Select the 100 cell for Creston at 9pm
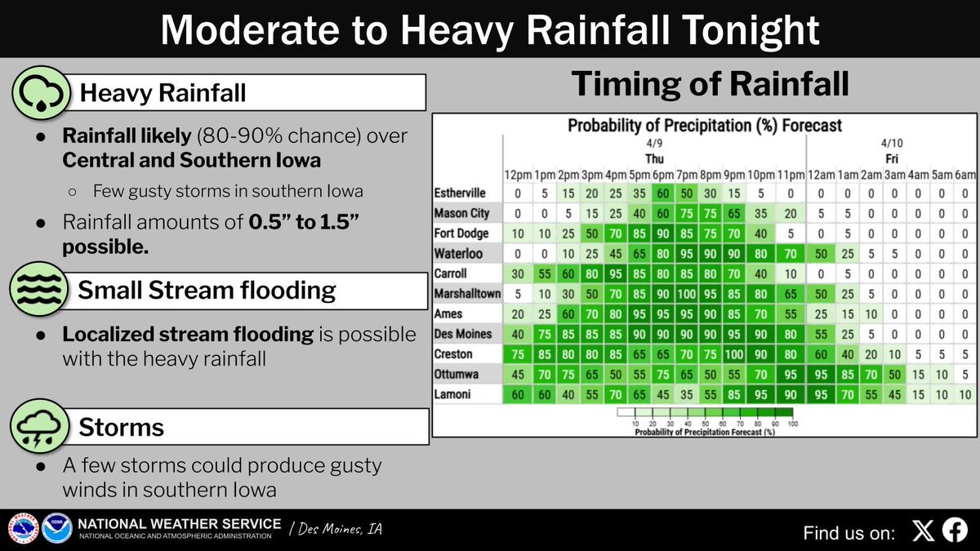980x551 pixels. [733, 354]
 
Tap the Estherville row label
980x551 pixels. [460, 193]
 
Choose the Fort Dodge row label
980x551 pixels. [461, 233]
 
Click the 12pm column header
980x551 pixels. [519, 176]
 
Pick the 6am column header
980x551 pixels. [964, 176]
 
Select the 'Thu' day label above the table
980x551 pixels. [655, 158]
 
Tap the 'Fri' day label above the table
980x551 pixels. [890, 158]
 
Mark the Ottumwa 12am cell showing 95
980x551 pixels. [821, 374]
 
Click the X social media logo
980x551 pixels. [923, 531]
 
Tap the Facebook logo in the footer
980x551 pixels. [955, 531]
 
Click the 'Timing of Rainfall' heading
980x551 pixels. [710, 85]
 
